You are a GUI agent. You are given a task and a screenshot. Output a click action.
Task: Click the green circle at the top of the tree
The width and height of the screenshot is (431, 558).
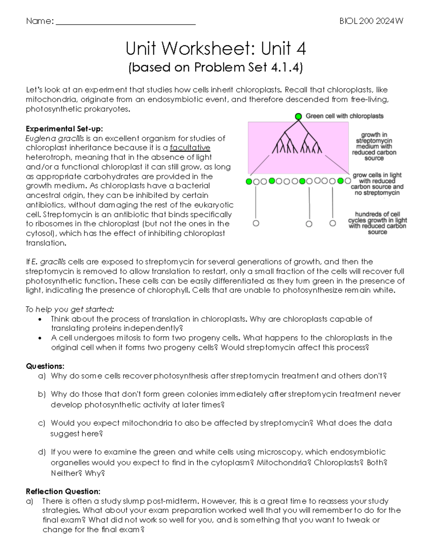point(298,116)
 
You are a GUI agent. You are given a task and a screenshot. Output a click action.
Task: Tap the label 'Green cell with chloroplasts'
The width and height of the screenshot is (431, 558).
point(344,116)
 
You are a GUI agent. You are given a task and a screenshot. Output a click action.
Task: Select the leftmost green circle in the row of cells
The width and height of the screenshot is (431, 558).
point(249,181)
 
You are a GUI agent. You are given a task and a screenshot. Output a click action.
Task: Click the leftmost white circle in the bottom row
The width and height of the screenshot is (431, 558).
point(256,223)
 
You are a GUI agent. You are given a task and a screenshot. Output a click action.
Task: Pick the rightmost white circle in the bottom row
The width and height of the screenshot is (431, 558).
point(333,223)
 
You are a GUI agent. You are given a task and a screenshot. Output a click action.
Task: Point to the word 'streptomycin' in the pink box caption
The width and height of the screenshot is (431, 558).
point(374,140)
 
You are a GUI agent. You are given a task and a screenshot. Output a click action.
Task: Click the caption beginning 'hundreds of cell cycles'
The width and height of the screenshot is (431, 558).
point(377,223)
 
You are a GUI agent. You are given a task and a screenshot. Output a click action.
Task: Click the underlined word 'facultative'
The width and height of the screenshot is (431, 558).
point(190,148)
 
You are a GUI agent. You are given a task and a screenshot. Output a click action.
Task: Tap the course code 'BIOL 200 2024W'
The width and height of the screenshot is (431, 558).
point(371,21)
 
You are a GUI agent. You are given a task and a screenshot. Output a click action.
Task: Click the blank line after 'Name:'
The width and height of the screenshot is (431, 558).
point(126,22)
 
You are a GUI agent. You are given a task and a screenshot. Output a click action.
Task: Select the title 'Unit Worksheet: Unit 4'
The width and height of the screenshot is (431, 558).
point(215,49)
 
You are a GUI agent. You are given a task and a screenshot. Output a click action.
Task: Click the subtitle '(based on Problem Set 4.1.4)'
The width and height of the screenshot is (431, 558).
point(215,68)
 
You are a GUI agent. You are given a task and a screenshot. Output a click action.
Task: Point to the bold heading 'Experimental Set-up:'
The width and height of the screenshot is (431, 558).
point(64,129)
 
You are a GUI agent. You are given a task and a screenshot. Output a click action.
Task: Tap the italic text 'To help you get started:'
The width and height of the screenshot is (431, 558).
point(70,309)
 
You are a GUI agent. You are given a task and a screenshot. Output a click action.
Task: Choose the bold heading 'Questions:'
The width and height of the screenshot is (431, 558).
point(45,366)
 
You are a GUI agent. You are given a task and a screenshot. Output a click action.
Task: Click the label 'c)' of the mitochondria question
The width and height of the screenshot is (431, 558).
point(42,423)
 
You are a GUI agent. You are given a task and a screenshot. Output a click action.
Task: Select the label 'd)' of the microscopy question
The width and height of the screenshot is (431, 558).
point(42,452)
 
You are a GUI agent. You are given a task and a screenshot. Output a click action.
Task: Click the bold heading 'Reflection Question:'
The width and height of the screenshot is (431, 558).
point(63,491)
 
